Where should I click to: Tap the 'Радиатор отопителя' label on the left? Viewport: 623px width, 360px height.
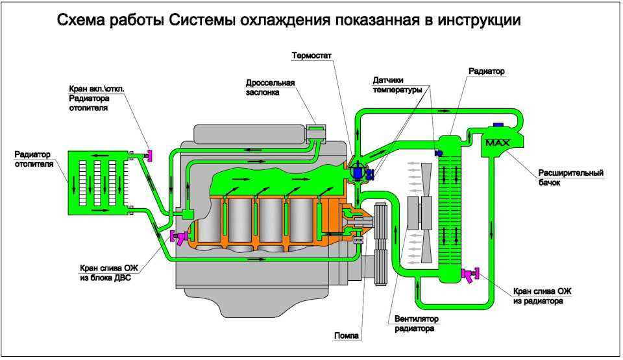click(x=32, y=159)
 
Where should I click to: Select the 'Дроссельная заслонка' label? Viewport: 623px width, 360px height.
click(x=270, y=88)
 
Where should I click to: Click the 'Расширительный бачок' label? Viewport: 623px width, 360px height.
click(x=570, y=178)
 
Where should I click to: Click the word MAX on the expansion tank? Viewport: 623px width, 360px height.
click(x=498, y=142)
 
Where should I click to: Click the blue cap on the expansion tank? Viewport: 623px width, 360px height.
click(x=499, y=125)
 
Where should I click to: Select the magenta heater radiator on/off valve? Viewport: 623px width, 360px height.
click(x=149, y=154)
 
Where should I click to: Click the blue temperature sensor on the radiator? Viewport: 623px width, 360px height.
click(x=439, y=153)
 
